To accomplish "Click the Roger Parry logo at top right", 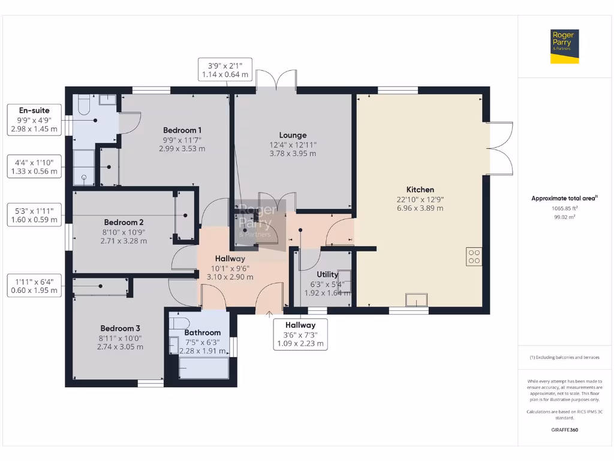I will (x=565, y=47).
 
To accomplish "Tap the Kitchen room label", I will (x=420, y=190).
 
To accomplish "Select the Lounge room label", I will (x=293, y=135).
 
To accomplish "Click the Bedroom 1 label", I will (x=182, y=130).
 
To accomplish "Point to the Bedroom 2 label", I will (x=124, y=221).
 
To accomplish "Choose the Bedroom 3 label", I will (x=120, y=328).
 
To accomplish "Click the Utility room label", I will (x=327, y=274).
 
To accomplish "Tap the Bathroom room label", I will (x=202, y=333).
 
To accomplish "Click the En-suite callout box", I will (x=34, y=119).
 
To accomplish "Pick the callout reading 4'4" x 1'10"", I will (x=34, y=166).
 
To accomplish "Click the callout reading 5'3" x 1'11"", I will (x=34, y=215).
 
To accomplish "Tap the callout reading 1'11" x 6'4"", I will (x=34, y=285).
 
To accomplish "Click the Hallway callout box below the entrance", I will (x=300, y=334).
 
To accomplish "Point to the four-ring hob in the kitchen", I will (x=474, y=256).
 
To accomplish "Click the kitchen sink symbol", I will (x=416, y=300).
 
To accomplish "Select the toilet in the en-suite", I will (x=83, y=106).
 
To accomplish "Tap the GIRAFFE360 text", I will (x=564, y=430).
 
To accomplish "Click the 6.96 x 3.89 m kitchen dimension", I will (x=420, y=208).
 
